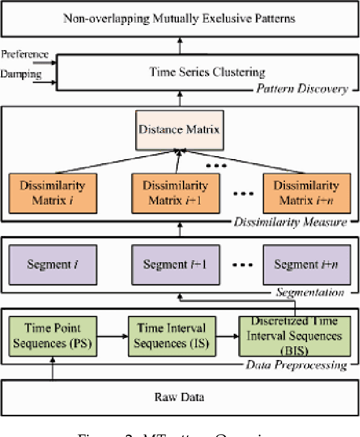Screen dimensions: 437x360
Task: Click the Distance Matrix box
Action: [179, 129]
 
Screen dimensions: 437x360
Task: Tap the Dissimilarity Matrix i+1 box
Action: [175, 193]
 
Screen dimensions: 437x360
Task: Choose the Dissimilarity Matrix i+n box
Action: [306, 193]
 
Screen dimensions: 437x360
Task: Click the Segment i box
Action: [54, 264]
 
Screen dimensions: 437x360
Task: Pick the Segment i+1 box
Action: [175, 264]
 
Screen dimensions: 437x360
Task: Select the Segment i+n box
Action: [306, 264]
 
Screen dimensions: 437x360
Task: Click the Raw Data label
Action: [179, 397]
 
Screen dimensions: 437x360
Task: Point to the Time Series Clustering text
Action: [207, 72]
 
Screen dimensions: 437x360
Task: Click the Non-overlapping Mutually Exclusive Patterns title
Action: [179, 18]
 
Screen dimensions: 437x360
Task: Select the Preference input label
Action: [24, 54]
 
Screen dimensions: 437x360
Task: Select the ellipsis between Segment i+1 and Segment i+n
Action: [241, 265]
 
